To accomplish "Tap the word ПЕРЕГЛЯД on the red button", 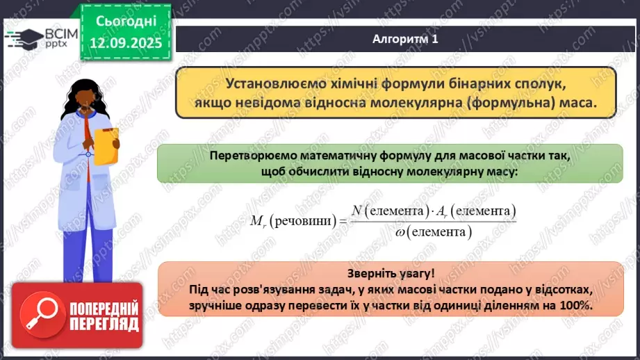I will (103, 325).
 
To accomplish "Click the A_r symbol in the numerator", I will (450, 210).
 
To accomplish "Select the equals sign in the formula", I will (340, 221).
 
